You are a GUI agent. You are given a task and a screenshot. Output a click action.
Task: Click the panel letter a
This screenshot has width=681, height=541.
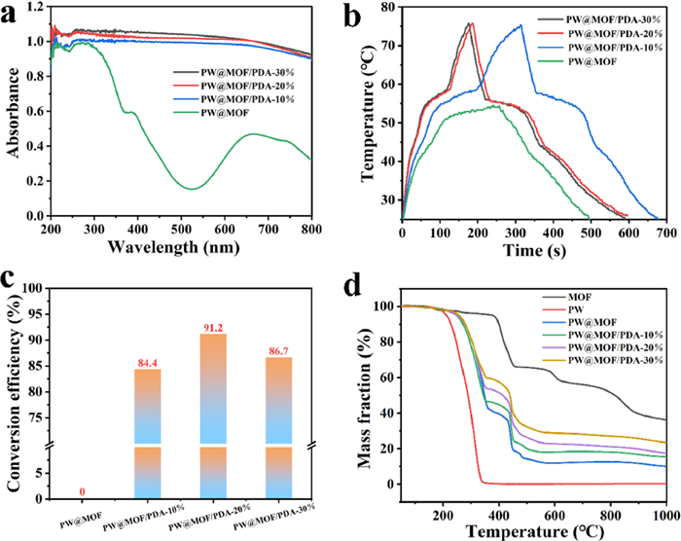[x=14, y=14]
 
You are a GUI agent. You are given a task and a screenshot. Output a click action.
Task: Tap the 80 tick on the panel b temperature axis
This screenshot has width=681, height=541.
[x=387, y=8]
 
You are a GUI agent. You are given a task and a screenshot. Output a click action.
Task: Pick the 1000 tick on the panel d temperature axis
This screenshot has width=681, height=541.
[x=663, y=512]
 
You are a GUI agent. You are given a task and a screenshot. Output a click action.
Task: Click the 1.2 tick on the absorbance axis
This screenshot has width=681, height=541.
[x=34, y=7]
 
